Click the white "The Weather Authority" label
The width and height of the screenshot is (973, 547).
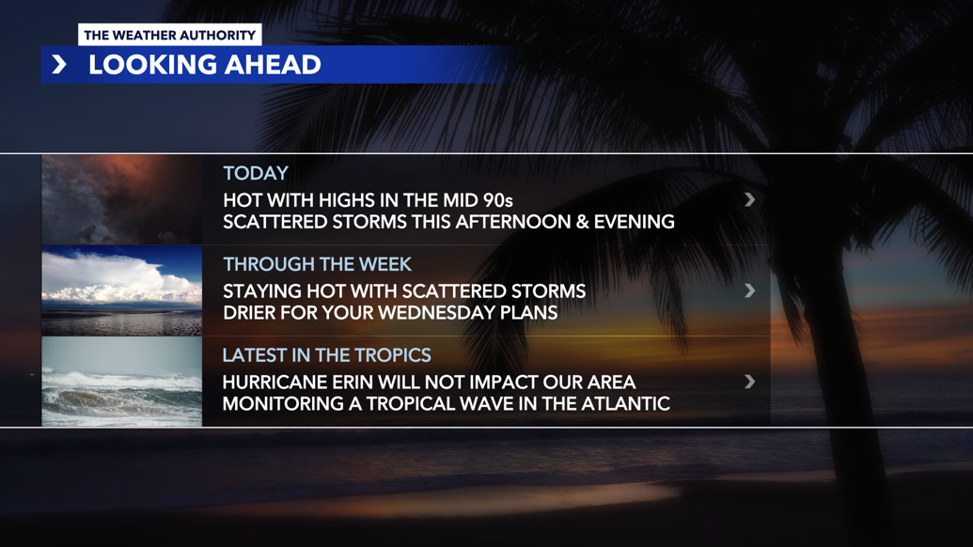(x=169, y=35)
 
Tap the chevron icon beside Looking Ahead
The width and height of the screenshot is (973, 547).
(x=59, y=65)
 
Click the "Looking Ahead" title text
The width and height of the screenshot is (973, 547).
(x=205, y=65)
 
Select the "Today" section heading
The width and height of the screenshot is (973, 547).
(x=256, y=173)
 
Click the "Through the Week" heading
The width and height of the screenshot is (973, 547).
(x=317, y=264)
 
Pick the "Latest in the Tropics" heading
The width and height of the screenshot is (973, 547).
(x=326, y=355)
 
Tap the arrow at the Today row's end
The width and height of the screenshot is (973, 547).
(x=749, y=199)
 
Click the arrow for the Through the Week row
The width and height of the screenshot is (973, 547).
(x=749, y=290)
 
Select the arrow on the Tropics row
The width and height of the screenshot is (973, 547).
(x=749, y=382)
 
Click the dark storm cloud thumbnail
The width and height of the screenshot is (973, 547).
(x=122, y=200)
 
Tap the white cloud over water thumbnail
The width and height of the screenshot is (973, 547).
(x=122, y=291)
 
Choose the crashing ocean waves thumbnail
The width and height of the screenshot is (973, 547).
(x=122, y=383)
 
